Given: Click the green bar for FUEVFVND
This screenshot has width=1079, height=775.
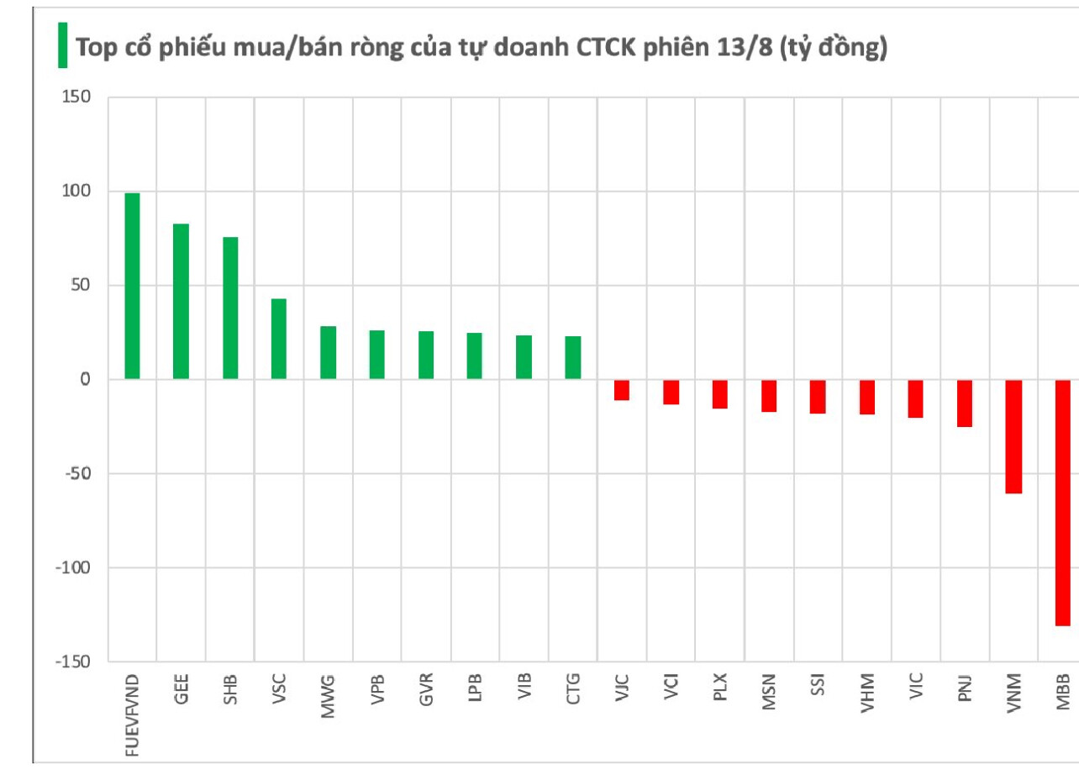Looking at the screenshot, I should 132,286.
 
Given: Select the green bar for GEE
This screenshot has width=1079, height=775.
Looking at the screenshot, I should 181,301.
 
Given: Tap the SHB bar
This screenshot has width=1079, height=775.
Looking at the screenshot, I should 229,308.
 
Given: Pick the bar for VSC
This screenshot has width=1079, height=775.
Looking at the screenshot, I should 278,339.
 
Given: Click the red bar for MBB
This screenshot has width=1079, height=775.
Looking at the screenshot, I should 1062,503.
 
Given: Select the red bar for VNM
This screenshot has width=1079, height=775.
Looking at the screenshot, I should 1013,436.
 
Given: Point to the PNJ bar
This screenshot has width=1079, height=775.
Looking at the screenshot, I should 965,403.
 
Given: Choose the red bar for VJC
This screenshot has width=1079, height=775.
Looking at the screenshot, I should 622,390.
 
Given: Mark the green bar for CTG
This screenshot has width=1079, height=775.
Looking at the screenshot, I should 573,358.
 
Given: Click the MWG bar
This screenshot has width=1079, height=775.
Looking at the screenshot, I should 328,353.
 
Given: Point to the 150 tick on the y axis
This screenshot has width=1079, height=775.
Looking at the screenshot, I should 75,98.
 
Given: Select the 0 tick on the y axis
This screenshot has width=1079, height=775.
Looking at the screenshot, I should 85,380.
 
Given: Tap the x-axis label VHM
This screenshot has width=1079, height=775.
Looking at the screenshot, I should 866,694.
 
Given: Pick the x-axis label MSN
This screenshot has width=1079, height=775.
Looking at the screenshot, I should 768,693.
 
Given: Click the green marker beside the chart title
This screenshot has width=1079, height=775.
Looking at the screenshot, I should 62,45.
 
